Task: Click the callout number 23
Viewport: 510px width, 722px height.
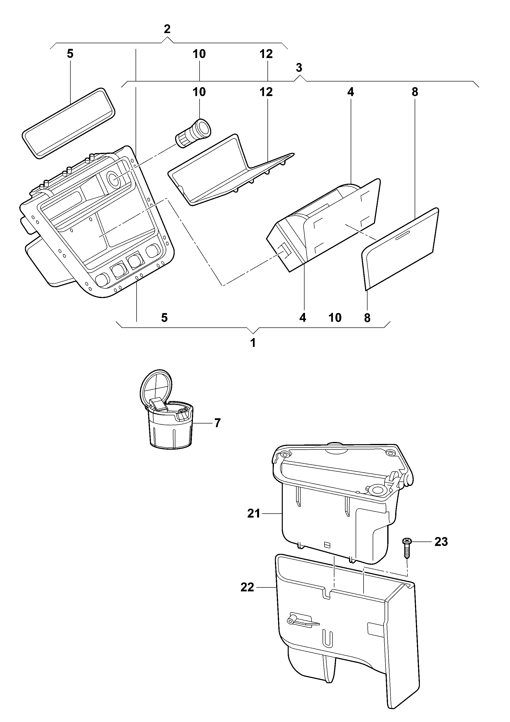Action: tap(441, 542)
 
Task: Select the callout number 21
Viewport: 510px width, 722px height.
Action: tap(254, 514)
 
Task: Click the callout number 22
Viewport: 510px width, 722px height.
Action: tap(247, 587)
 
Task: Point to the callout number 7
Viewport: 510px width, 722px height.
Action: tap(217, 423)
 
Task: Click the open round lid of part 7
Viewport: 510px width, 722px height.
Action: tap(156, 387)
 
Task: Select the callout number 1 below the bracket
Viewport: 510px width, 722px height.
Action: tap(253, 343)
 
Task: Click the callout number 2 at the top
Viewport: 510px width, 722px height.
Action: tap(167, 29)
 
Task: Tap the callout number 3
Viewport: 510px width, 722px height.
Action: tap(299, 67)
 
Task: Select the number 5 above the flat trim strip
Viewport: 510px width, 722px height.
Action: tap(70, 54)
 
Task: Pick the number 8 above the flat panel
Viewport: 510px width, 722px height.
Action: tap(415, 92)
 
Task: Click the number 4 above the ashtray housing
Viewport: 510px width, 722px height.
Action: tap(350, 92)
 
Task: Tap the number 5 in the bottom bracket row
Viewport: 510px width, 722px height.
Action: tap(164, 318)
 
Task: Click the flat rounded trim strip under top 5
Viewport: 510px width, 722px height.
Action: tap(69, 123)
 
